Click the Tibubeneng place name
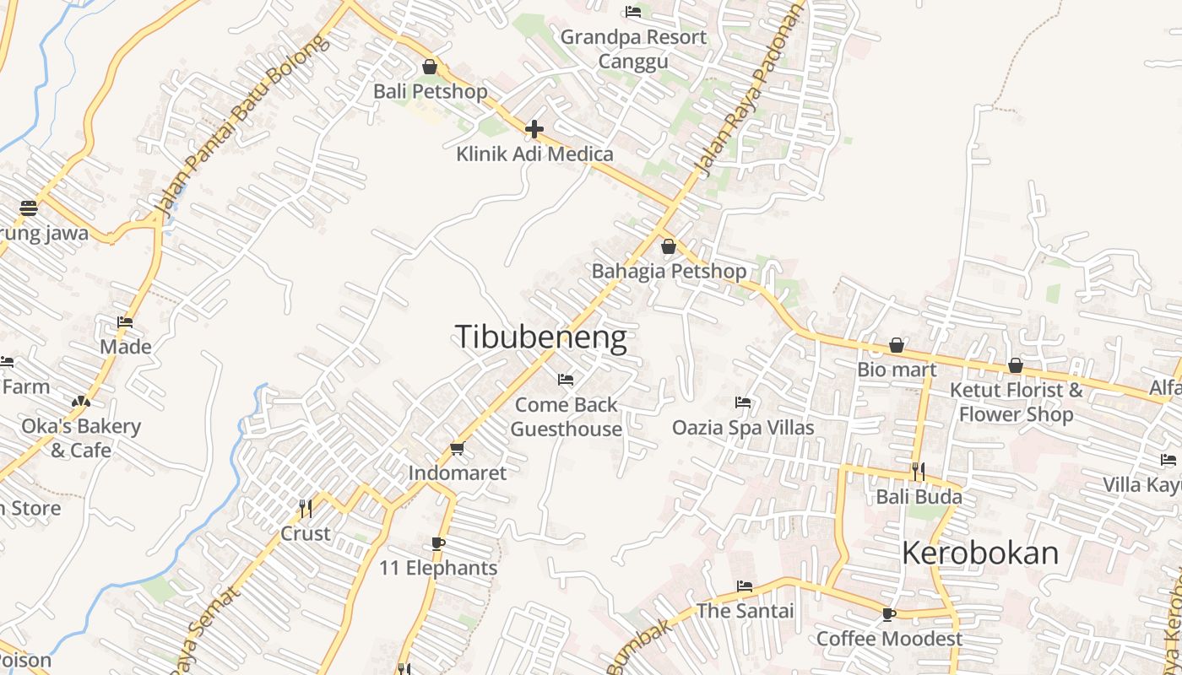click(x=541, y=337)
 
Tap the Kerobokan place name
click(x=979, y=553)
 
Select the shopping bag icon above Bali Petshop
click(x=430, y=67)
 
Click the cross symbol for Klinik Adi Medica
click(x=534, y=129)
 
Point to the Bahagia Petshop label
click(x=669, y=272)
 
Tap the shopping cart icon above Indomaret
click(x=458, y=448)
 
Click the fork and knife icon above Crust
click(x=306, y=508)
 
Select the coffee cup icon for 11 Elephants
click(x=437, y=543)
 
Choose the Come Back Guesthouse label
click(x=567, y=417)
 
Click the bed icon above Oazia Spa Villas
click(x=743, y=402)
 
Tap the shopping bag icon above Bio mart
click(x=897, y=345)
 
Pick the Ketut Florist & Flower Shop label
click(x=1016, y=402)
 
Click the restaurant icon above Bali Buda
click(x=919, y=471)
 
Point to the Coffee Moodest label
click(x=889, y=639)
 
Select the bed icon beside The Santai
click(x=744, y=586)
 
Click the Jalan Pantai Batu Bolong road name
click(x=240, y=127)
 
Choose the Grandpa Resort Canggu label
click(x=633, y=49)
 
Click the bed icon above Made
click(x=125, y=321)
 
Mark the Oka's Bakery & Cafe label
click(x=81, y=438)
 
